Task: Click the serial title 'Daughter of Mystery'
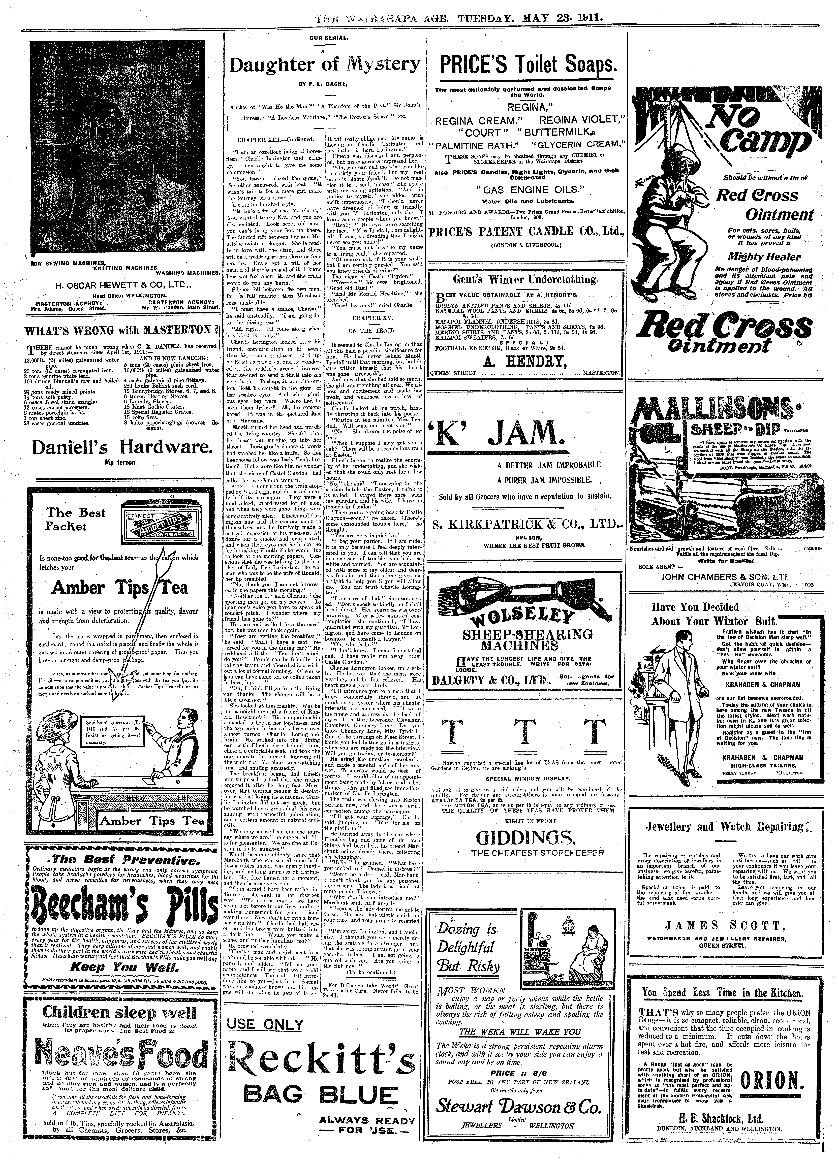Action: pos(324,65)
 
